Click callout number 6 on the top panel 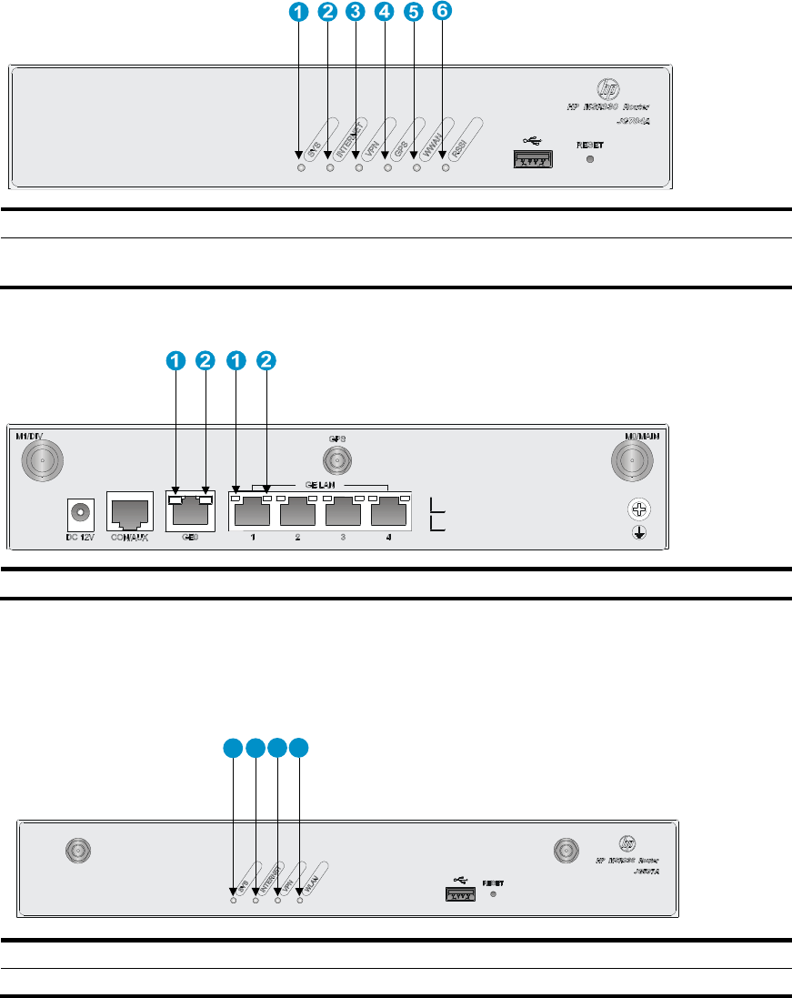click(443, 13)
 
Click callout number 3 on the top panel click(356, 13)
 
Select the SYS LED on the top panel click(302, 168)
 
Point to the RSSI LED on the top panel click(445, 168)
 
